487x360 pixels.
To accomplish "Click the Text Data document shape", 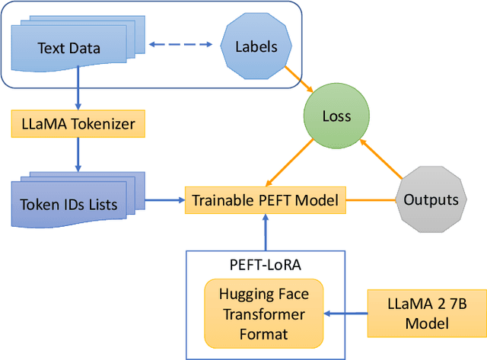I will [x=68, y=49].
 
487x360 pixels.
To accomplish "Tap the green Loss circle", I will [x=336, y=116].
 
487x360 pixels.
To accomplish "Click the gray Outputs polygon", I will [x=431, y=200].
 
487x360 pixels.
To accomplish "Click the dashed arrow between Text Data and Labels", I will [x=180, y=45].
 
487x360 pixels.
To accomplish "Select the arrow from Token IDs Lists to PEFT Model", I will [x=164, y=201].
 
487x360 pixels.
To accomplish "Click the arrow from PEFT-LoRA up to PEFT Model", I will [x=265, y=231].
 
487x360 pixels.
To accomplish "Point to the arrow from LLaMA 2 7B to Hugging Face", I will [x=345, y=312].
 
